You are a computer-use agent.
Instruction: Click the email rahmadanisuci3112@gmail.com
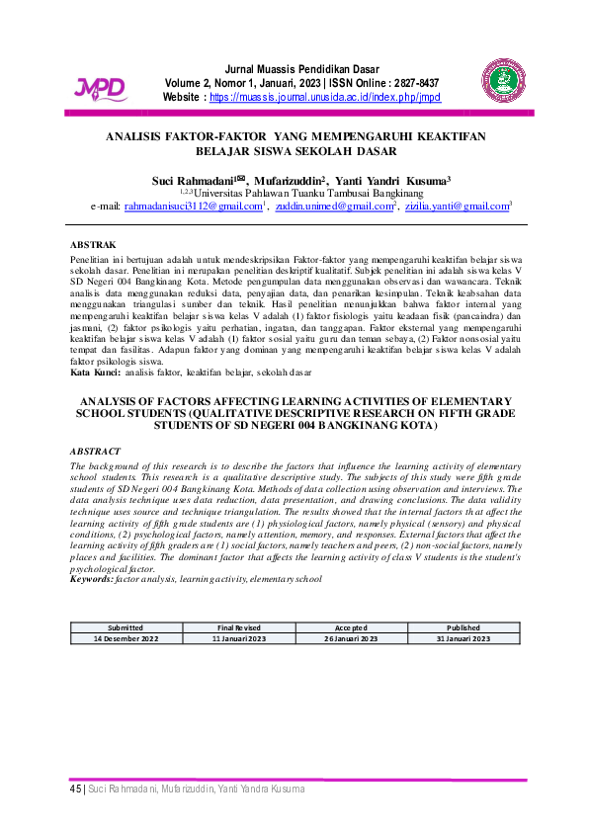(193, 207)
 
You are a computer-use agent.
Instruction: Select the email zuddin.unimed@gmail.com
(333, 207)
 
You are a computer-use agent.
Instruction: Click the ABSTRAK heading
(93, 243)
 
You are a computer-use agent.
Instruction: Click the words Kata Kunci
(96, 373)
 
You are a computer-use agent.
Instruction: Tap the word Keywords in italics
(93, 578)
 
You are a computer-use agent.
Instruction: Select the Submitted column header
(126, 627)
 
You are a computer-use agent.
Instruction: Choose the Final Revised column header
(239, 627)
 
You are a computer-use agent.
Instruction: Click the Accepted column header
(351, 627)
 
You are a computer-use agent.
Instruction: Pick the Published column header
(463, 627)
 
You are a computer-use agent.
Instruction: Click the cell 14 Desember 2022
(126, 638)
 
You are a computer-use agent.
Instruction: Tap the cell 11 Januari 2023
(239, 638)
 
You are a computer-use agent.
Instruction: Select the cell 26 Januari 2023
(351, 638)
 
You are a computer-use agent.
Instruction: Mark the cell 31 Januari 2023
(463, 638)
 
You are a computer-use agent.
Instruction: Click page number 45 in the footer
(75, 790)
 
